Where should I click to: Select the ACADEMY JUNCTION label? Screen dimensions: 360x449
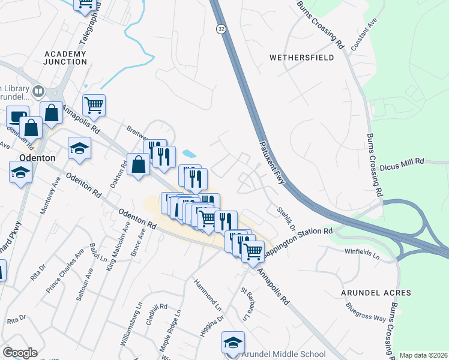click(65, 58)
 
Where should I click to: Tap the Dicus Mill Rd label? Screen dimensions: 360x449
click(419, 161)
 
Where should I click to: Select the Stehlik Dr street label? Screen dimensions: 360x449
click(287, 218)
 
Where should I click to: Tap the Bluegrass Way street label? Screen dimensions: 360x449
click(366, 312)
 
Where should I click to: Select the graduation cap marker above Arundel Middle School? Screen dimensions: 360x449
click(233, 341)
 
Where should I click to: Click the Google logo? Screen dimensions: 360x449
click(20, 353)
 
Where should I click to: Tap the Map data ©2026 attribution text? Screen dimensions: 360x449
click(423, 355)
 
